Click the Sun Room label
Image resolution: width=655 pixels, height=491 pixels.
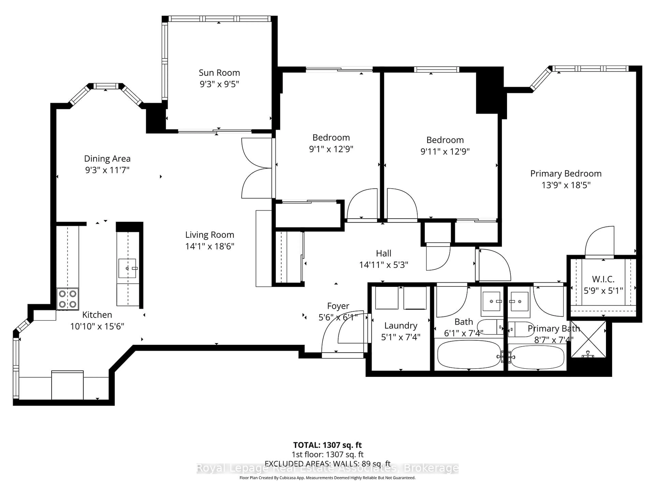(x=219, y=73)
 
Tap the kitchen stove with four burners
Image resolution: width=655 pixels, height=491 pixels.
(x=68, y=299)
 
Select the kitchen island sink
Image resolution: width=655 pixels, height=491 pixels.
(x=127, y=268)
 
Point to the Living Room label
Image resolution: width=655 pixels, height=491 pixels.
(x=210, y=235)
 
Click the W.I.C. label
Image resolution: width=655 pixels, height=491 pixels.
(x=603, y=279)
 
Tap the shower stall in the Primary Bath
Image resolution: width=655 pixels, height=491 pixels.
(x=588, y=339)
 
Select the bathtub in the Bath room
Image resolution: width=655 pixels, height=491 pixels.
(x=469, y=354)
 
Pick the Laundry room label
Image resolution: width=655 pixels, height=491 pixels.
(x=401, y=326)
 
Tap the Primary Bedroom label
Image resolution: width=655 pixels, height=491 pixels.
(x=566, y=174)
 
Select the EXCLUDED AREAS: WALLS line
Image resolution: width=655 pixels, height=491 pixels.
(x=327, y=464)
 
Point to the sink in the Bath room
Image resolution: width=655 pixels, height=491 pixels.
(x=491, y=301)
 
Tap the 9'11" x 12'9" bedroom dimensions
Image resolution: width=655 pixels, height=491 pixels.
(x=445, y=152)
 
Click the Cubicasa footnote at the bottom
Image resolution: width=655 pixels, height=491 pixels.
(x=327, y=478)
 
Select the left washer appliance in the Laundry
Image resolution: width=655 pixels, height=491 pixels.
(x=386, y=298)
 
